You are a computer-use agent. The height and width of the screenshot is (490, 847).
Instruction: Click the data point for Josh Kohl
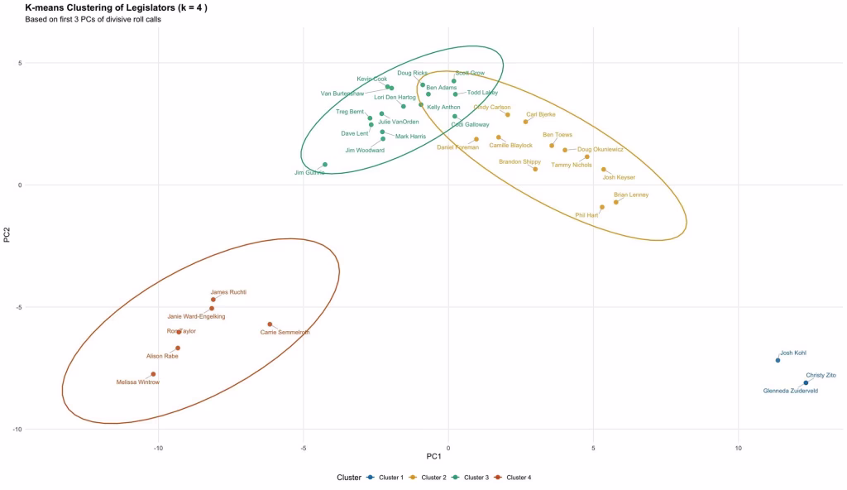coord(778,360)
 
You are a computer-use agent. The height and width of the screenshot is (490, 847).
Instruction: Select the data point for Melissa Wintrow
coord(153,374)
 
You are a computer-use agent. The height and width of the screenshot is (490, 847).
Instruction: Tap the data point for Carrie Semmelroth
coord(270,324)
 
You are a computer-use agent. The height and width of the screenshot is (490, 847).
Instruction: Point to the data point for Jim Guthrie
coord(325,165)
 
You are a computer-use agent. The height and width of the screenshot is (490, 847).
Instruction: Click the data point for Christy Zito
coord(806,382)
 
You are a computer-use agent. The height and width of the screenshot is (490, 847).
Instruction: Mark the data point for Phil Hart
coord(602,207)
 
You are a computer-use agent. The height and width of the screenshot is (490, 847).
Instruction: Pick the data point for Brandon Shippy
coord(535,169)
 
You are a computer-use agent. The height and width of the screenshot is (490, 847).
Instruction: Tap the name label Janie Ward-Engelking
coord(196,316)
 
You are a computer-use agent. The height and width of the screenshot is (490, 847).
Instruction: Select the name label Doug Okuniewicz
coord(601,150)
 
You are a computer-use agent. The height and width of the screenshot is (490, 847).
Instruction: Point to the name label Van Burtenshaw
coord(342,94)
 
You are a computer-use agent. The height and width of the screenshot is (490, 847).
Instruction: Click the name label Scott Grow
coord(470,73)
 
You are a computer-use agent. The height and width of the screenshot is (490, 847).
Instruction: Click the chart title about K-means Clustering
coord(117,7)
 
